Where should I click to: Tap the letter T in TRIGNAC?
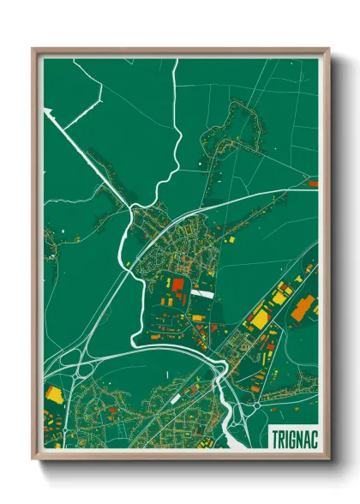274,435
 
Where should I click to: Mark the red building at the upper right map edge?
313,183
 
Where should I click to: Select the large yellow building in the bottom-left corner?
54,394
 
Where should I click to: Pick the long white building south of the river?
175,399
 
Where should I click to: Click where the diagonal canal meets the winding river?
129,208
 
